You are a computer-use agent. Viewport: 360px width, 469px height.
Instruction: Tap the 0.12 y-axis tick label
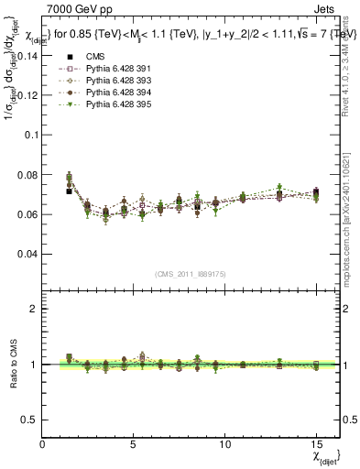(x=27, y=94)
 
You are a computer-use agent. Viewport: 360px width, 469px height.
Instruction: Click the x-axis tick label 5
(x=134, y=442)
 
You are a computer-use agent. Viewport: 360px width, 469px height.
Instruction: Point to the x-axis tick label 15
(x=315, y=442)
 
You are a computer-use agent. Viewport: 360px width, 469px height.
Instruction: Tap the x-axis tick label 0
(x=43, y=442)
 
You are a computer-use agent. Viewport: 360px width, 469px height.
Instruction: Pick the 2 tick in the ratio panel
(x=34, y=309)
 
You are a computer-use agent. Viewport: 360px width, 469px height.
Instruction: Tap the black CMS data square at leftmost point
(x=70, y=191)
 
